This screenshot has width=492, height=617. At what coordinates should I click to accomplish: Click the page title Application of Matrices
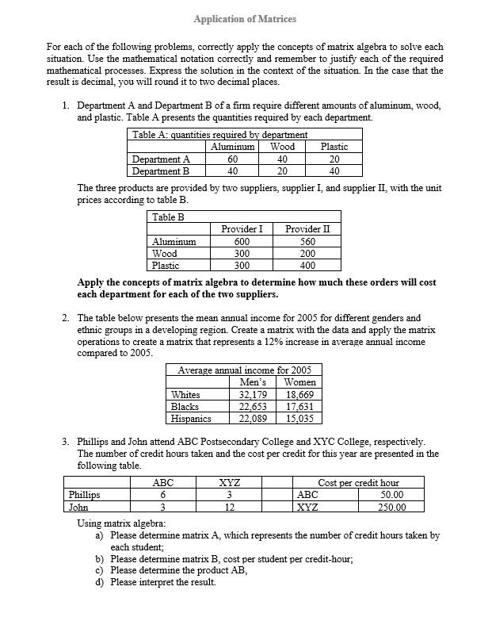coord(245,18)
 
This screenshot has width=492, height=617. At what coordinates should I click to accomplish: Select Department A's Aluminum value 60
coord(232,159)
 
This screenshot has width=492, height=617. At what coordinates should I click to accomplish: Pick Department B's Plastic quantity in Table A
coord(334,171)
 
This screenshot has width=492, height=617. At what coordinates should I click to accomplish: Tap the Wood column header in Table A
coord(282,147)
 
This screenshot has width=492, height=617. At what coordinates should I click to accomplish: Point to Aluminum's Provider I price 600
coord(242,242)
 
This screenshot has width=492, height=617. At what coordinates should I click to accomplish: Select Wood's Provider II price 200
coord(307,254)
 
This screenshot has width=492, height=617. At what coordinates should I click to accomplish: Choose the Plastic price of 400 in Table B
coord(307,266)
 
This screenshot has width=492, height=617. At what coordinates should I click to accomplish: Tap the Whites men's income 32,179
coord(253,395)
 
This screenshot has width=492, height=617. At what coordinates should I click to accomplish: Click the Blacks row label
coord(185,407)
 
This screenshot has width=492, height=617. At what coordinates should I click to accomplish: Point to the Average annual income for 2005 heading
coord(244,370)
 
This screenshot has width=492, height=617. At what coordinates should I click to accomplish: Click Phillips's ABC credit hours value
coord(162,495)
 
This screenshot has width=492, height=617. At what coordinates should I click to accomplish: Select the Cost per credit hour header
coord(358,482)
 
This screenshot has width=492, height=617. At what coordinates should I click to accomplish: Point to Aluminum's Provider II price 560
coord(307,242)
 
